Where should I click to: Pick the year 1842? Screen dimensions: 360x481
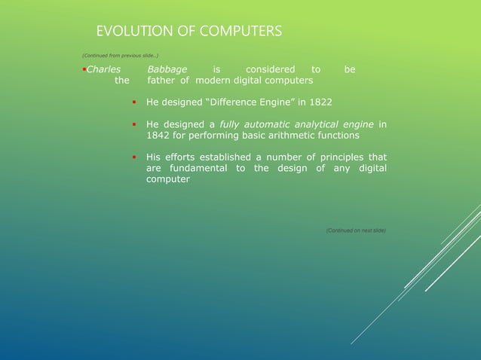tap(158, 136)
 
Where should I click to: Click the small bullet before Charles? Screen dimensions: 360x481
tap(84, 69)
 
